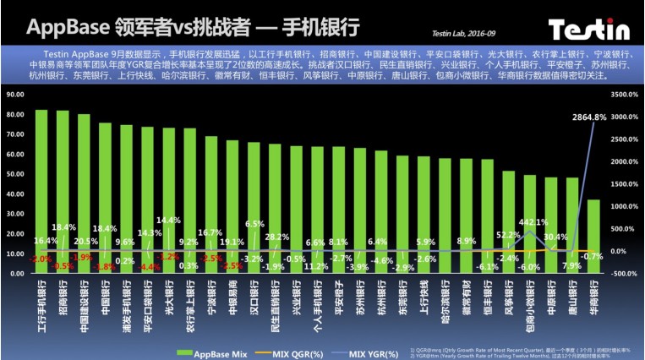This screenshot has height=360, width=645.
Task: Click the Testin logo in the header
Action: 590,30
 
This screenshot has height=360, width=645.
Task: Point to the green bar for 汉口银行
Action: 254,208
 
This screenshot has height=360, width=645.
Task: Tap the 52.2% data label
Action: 508,235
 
